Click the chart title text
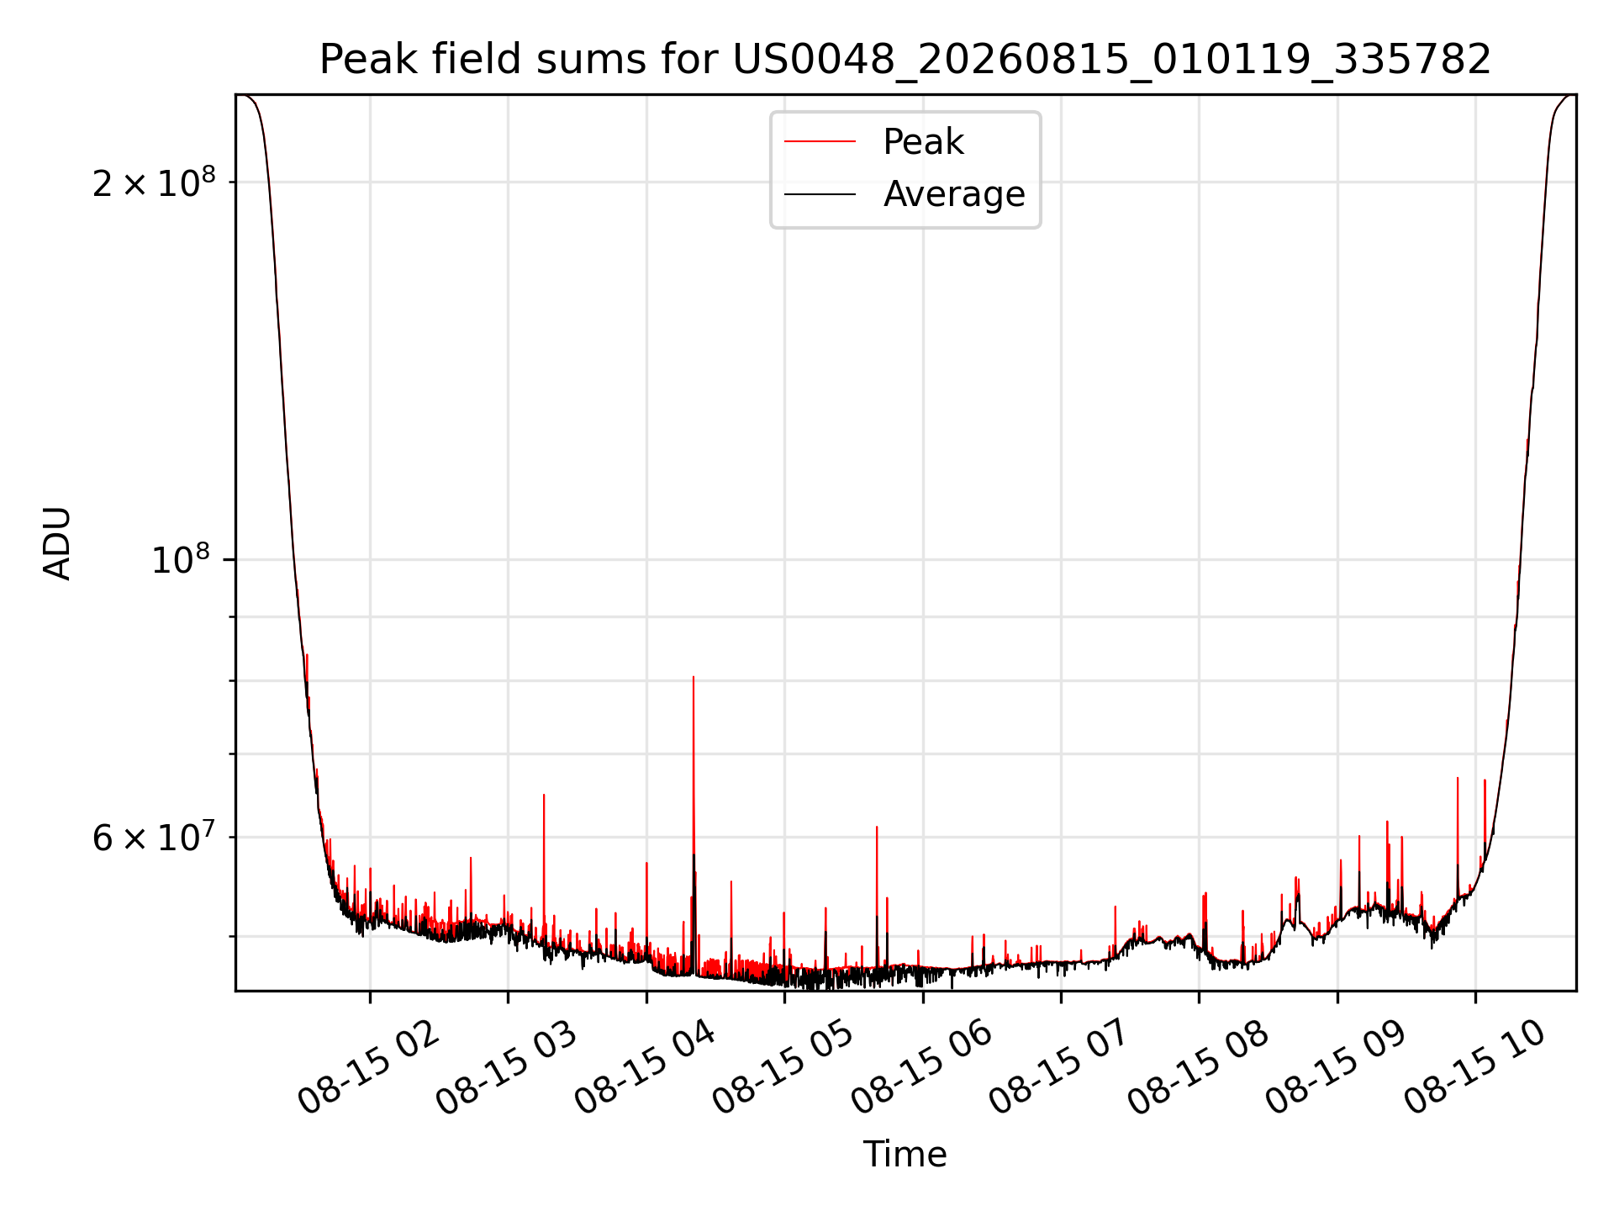coord(905,60)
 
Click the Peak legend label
coord(923,142)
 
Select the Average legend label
coord(954,194)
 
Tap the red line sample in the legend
coord(820,142)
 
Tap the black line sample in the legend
coord(820,194)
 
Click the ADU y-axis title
coord(57,543)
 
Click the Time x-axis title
coord(905,1155)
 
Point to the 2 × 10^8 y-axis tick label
coord(154,182)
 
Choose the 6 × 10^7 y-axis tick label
coord(154,837)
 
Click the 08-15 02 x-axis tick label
coord(369,1069)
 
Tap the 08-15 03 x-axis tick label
coord(507,1069)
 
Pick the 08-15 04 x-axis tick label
coord(646,1069)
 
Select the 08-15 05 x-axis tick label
coord(783,1069)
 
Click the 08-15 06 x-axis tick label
coord(922,1069)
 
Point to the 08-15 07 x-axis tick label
coord(1060,1069)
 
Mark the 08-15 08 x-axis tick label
coord(1199,1069)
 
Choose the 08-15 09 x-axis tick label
coord(1337,1069)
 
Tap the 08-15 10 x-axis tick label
coord(1475,1069)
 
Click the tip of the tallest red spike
coord(694,677)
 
